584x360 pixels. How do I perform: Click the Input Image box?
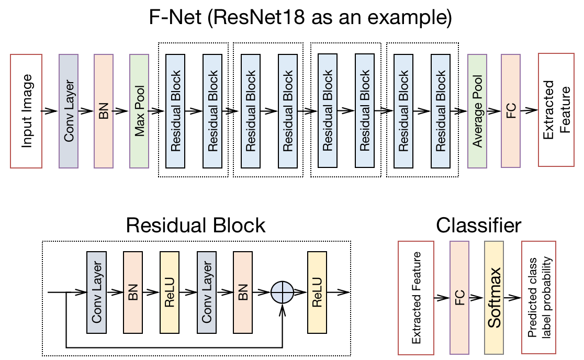[x=26, y=110]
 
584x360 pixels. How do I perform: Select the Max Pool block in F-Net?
[x=139, y=110]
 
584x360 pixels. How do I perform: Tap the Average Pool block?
[x=477, y=110]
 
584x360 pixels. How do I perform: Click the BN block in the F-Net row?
[x=104, y=110]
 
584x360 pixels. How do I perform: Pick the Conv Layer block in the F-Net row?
[x=69, y=110]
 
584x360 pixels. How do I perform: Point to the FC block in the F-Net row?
[x=511, y=110]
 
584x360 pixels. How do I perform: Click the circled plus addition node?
[x=283, y=292]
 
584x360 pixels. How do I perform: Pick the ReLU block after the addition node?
[x=317, y=292]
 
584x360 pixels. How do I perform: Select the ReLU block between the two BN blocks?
[x=170, y=292]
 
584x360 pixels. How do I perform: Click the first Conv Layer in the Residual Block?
[x=96, y=292]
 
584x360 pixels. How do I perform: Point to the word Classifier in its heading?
[x=479, y=226]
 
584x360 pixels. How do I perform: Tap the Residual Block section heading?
[x=196, y=226]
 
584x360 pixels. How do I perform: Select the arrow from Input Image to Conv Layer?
[x=50, y=110]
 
